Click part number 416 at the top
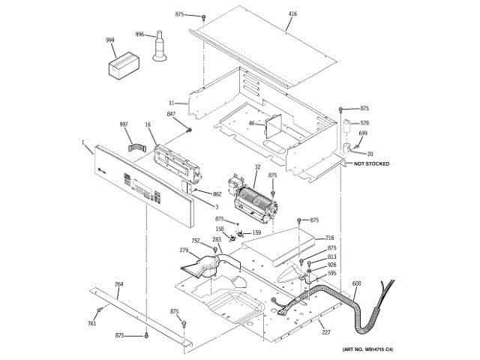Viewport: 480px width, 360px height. (292, 14)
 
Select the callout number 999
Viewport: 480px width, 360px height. (109, 40)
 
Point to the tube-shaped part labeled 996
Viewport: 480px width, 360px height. (160, 47)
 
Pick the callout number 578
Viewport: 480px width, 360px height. (365, 122)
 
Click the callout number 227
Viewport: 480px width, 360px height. (325, 332)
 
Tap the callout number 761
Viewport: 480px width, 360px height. (92, 323)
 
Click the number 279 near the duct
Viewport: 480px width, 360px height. (183, 250)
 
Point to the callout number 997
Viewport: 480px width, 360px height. (124, 124)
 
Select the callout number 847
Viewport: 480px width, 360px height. (171, 114)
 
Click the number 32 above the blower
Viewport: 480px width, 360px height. (257, 167)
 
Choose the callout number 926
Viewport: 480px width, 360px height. (331, 265)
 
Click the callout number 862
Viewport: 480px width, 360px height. (217, 194)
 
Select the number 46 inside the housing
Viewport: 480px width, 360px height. (252, 123)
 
